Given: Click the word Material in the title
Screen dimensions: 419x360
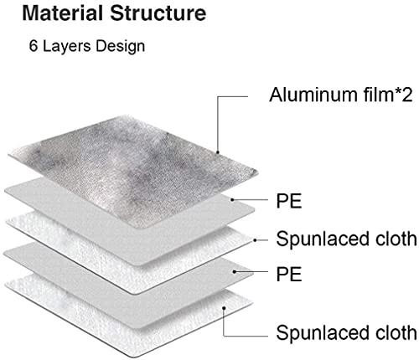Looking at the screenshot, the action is click(x=62, y=13).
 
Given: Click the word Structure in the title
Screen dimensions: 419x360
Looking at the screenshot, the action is click(x=158, y=13).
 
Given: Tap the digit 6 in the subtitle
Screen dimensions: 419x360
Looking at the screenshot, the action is click(x=34, y=46).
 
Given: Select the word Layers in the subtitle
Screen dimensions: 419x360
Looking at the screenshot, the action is click(x=67, y=47).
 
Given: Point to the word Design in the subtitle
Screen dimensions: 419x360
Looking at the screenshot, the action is click(x=121, y=47).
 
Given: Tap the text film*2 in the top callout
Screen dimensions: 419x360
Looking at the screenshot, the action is click(x=388, y=95).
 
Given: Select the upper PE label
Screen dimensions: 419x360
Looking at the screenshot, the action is click(x=289, y=201).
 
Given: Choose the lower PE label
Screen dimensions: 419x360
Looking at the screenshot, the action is click(x=289, y=274).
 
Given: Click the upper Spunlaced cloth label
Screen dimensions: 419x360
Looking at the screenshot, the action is click(x=346, y=239).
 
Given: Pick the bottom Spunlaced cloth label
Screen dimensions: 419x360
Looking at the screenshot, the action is click(x=346, y=332).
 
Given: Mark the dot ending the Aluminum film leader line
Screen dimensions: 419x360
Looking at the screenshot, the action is click(x=218, y=152).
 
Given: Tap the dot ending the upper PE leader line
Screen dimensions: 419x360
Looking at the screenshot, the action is click(x=232, y=199).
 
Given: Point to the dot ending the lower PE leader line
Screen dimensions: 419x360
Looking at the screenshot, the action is click(x=235, y=271).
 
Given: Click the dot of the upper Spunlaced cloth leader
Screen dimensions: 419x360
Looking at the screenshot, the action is click(x=255, y=239).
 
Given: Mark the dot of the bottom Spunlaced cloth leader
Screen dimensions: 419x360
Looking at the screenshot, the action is click(x=224, y=307).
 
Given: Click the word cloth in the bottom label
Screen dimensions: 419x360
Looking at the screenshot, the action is click(x=396, y=332).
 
